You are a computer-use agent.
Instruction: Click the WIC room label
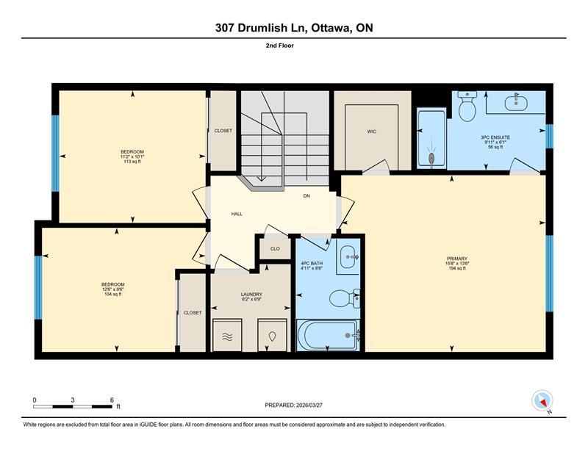coord(371,131)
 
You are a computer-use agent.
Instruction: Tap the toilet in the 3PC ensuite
coord(467,106)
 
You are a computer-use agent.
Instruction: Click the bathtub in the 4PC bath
coord(328,335)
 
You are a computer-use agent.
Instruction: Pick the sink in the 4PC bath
coord(348,257)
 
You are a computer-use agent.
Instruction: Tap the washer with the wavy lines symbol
coord(227,335)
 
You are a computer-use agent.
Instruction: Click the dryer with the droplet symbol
coord(272,335)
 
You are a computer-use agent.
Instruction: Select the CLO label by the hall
coord(275,249)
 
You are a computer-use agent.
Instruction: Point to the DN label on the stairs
coord(306,196)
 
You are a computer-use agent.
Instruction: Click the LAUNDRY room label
coord(251,295)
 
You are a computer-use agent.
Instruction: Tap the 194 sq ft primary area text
coord(457,268)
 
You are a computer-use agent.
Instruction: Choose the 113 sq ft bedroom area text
coord(132,162)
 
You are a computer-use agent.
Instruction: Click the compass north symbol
coord(542,400)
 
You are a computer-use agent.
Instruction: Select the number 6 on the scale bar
coord(112,400)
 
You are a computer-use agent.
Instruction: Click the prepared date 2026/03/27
coord(309,406)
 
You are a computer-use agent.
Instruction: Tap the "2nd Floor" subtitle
coord(280,46)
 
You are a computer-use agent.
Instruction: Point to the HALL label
coord(237,214)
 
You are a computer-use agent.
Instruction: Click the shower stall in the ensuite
coord(431,138)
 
